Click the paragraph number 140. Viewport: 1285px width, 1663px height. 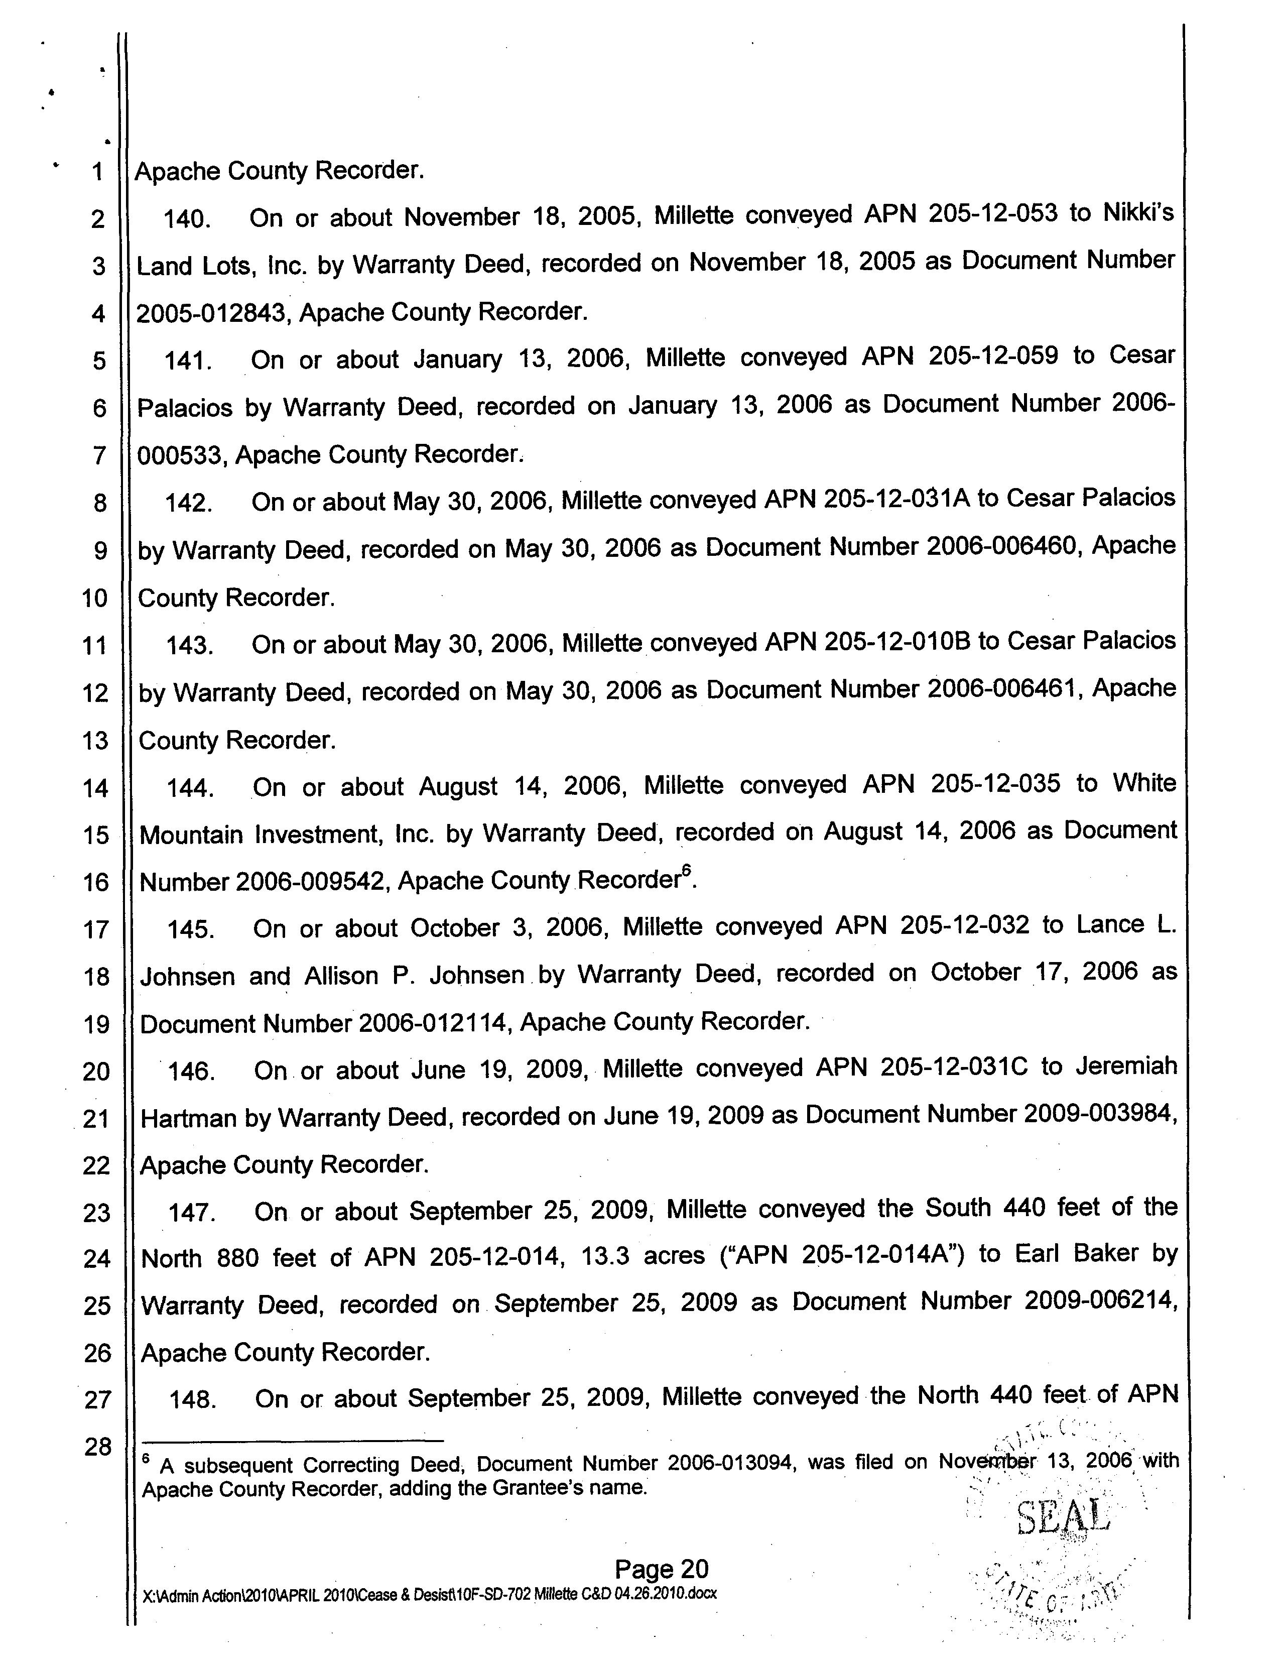pyautogui.click(x=187, y=219)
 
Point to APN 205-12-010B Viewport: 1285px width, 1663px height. pyautogui.click(x=867, y=642)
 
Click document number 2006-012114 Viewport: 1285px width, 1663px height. pyautogui.click(x=433, y=1023)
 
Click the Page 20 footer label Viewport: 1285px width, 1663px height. pyautogui.click(x=661, y=1569)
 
